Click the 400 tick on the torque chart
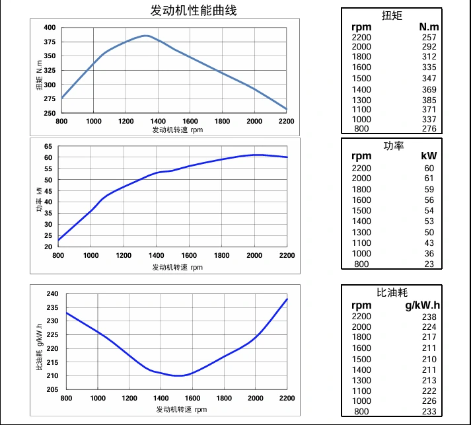point(50,28)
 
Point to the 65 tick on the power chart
point(48,146)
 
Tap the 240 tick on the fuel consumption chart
point(53,293)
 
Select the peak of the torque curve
point(146,36)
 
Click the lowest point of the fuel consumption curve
point(178,375)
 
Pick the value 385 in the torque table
point(429,100)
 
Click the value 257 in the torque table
point(429,37)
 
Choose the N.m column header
point(429,26)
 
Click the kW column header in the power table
point(429,157)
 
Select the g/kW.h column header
point(421,305)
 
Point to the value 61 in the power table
point(430,178)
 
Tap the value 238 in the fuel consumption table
point(429,316)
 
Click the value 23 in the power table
point(430,264)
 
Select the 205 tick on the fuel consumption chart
point(53,389)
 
